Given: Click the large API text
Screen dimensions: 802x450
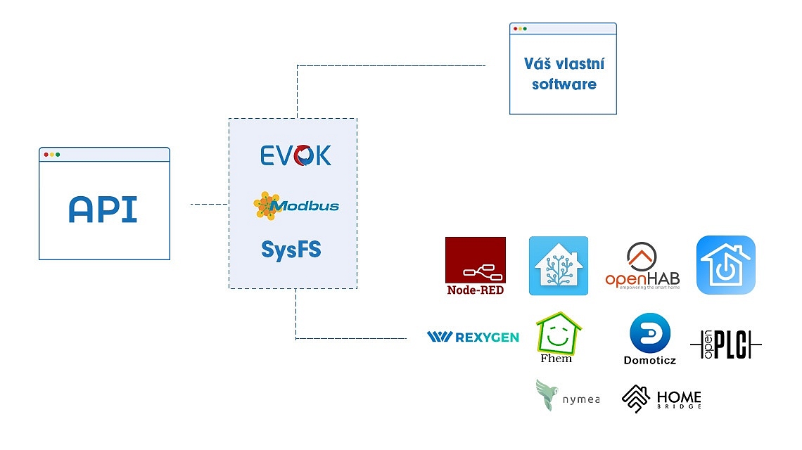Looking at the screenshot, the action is [x=103, y=209].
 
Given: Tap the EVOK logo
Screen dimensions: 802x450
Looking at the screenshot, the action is [x=295, y=155].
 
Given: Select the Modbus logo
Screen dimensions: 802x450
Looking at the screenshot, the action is [x=296, y=205].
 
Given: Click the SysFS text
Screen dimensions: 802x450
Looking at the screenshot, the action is [x=291, y=250].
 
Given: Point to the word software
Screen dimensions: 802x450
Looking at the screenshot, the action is [x=564, y=84].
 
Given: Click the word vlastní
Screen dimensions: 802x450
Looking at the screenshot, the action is [x=580, y=64].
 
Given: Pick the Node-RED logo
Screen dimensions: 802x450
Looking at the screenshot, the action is [x=476, y=266].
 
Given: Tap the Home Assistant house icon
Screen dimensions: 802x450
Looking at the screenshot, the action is [x=559, y=266].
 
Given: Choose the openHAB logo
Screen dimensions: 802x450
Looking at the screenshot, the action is [x=642, y=266].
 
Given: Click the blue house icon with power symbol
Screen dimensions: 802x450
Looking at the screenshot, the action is [x=726, y=265].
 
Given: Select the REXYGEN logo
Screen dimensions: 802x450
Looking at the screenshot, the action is [x=473, y=337].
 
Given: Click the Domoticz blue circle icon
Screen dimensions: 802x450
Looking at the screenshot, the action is [x=650, y=333].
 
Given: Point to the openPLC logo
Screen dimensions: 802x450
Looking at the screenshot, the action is [x=726, y=344].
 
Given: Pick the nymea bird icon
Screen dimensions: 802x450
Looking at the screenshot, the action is [x=546, y=394].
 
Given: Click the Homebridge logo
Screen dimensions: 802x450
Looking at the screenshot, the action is [x=661, y=399].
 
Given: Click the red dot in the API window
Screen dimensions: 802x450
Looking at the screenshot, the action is [x=46, y=155].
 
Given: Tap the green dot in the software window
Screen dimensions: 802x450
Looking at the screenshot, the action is [x=525, y=29].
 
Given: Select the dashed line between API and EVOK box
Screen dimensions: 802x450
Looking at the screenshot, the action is [x=209, y=204].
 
